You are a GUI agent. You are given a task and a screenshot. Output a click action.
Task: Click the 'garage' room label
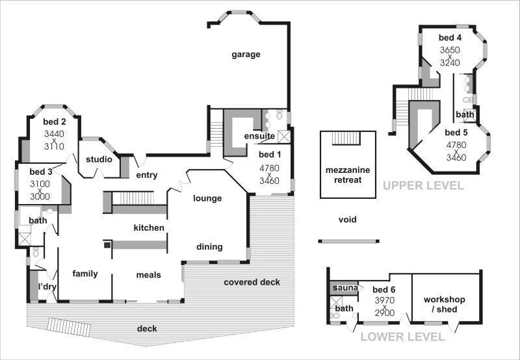246,55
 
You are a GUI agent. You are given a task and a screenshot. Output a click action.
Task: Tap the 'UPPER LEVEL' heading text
423,186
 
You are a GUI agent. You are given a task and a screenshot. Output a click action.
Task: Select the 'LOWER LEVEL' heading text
402,337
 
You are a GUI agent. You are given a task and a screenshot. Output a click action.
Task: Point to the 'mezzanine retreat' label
348,175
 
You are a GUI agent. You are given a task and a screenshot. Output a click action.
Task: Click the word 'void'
348,220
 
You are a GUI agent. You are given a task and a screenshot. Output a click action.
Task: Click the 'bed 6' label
384,290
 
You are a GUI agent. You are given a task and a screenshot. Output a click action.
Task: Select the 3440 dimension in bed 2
55,134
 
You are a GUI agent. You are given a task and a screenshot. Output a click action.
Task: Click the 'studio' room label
99,159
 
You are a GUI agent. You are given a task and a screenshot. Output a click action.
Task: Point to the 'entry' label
148,175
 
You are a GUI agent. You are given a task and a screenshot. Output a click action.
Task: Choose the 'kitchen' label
149,227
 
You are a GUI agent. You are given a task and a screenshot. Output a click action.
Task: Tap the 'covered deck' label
252,282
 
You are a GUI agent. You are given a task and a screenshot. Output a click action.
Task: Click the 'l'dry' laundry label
46,287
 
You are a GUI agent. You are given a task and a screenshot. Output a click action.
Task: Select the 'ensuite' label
259,136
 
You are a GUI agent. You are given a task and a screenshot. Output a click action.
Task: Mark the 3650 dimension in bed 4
450,50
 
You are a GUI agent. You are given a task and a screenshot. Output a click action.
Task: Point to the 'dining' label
209,247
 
